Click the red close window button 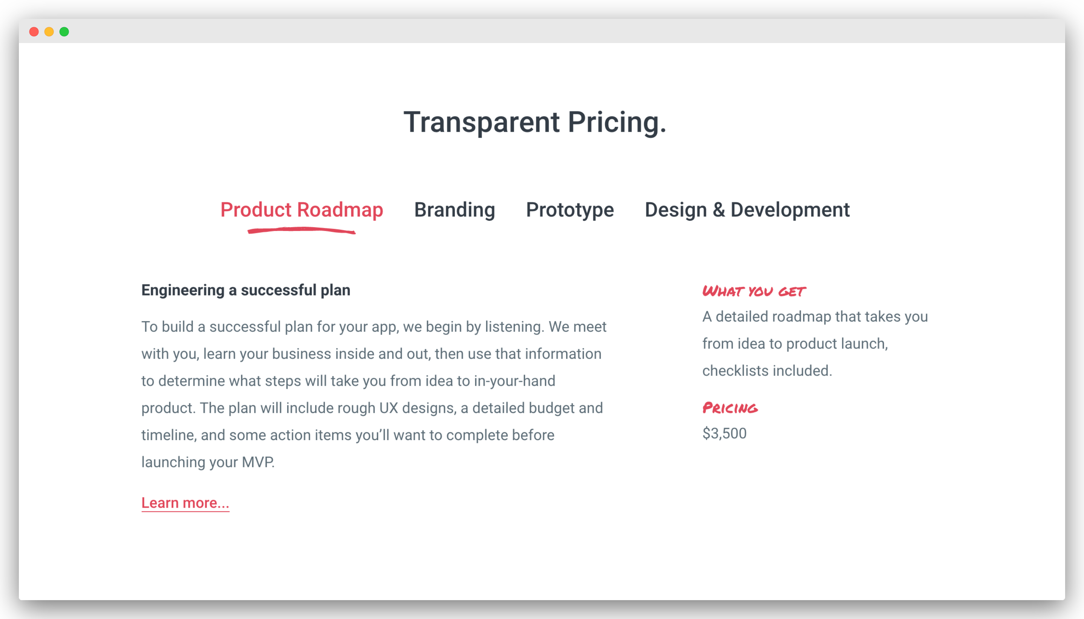pyautogui.click(x=34, y=32)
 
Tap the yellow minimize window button pyautogui.click(x=49, y=32)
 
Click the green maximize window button pyautogui.click(x=64, y=32)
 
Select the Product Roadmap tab pyautogui.click(x=302, y=209)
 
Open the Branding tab pyautogui.click(x=455, y=209)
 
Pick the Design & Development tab pyautogui.click(x=747, y=209)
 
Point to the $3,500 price pyautogui.click(x=724, y=434)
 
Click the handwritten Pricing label pyautogui.click(x=730, y=408)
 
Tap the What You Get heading pyautogui.click(x=754, y=291)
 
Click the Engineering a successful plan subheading pyautogui.click(x=246, y=290)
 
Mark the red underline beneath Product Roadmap pyautogui.click(x=302, y=230)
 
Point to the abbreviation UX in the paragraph pyautogui.click(x=388, y=408)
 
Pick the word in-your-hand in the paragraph pyautogui.click(x=515, y=381)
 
